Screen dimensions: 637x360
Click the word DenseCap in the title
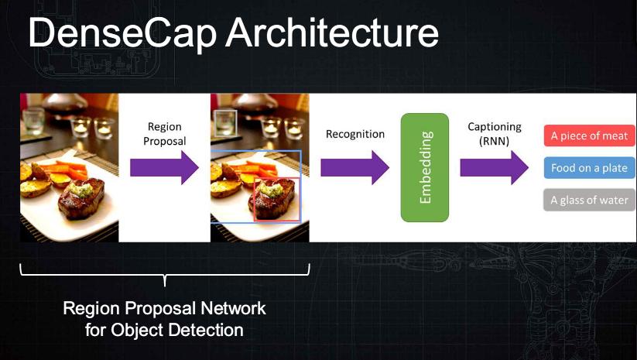click(122, 33)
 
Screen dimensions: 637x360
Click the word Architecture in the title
click(332, 32)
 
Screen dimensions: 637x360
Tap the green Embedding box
click(424, 167)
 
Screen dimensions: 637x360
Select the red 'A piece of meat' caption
click(589, 135)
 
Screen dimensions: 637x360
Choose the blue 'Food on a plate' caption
click(589, 168)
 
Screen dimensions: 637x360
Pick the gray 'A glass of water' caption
click(589, 200)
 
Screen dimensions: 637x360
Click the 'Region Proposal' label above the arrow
click(165, 134)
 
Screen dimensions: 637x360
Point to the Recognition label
click(355, 134)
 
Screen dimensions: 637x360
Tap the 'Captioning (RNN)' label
click(495, 134)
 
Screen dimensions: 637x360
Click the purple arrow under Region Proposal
click(164, 167)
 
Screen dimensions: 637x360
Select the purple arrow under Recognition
click(354, 167)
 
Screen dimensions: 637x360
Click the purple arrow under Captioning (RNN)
click(494, 167)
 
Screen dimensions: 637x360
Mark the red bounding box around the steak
click(254, 200)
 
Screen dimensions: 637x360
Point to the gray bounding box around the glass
click(214, 123)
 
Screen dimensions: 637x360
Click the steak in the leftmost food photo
click(81, 200)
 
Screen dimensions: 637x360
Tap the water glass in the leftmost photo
click(33, 121)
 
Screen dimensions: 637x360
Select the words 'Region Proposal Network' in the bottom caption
click(165, 308)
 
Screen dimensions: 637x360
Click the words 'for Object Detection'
click(165, 330)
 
